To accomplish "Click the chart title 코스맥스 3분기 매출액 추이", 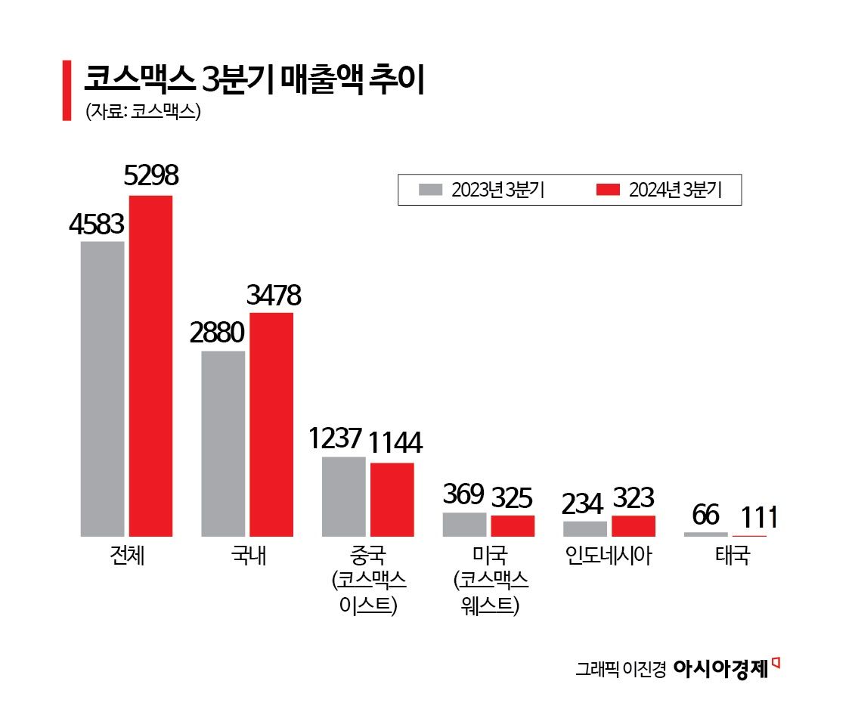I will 253,79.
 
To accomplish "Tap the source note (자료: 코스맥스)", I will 142,111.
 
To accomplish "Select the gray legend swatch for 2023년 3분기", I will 429,190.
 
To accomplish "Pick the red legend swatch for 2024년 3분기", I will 607,190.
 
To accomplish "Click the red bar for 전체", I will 150,366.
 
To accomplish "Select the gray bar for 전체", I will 102,389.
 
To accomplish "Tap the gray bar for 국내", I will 223,444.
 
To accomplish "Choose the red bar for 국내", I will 271,424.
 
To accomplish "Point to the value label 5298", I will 150,176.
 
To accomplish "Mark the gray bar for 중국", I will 343,497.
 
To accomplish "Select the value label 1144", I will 395,442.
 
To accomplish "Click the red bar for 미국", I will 513,526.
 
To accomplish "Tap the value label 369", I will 463,494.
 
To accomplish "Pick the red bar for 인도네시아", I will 634,526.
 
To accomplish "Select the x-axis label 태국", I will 733,557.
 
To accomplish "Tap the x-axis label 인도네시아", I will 609,557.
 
